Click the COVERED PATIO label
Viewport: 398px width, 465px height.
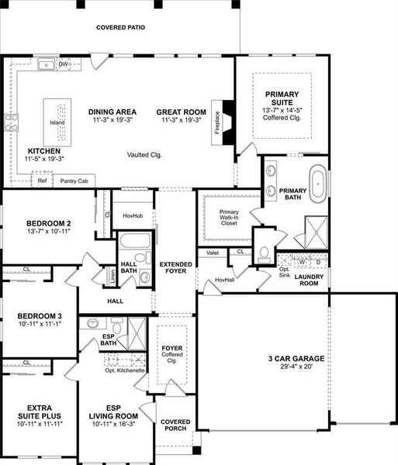[x=120, y=27]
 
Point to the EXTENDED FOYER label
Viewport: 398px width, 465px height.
[x=175, y=269]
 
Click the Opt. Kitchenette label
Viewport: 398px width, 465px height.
[x=125, y=370]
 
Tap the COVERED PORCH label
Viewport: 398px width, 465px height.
[x=175, y=426]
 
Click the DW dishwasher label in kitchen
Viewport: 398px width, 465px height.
[x=64, y=64]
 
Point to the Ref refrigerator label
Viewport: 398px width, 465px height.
[x=42, y=181]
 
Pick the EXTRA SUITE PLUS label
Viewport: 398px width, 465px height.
[x=38, y=412]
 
